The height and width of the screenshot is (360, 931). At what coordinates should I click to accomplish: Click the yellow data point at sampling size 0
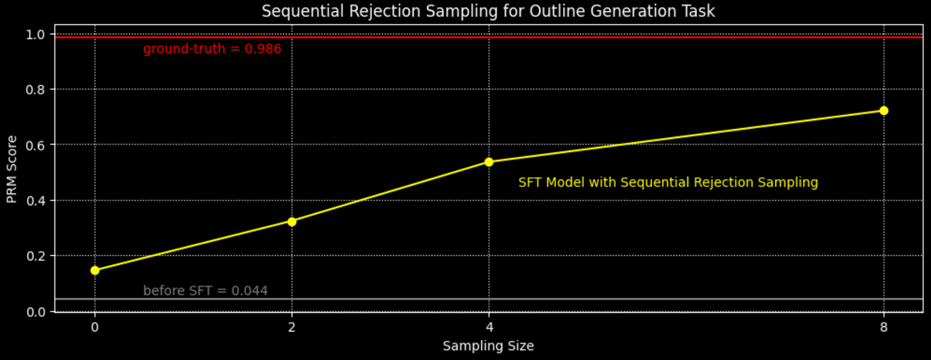tap(95, 270)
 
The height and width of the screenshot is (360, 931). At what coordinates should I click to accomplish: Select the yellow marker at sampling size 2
tap(292, 221)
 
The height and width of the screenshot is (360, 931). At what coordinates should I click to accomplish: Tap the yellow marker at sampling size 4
tap(489, 162)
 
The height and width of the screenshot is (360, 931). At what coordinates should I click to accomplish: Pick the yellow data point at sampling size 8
tap(884, 110)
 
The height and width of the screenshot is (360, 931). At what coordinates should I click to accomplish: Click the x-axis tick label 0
tap(95, 327)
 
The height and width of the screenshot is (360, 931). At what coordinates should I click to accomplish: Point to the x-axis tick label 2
tap(292, 327)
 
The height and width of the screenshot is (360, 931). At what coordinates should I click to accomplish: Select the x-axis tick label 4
tap(489, 327)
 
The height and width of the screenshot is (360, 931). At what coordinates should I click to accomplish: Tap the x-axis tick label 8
tap(884, 327)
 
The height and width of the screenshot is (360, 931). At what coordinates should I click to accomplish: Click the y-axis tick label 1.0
tap(36, 35)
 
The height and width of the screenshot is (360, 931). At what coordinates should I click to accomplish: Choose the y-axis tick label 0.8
tap(36, 90)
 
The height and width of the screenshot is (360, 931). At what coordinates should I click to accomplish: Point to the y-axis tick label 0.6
tap(36, 145)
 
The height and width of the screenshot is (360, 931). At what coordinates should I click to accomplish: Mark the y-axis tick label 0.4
tap(36, 201)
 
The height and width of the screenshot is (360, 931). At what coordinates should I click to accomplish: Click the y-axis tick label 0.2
tap(36, 256)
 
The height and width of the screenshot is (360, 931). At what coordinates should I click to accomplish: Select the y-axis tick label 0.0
tap(36, 312)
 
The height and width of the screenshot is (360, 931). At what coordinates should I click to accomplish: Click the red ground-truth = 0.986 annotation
tap(212, 49)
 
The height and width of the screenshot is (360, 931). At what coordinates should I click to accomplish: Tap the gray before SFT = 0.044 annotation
tap(206, 290)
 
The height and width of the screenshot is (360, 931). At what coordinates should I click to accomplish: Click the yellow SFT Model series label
tap(668, 183)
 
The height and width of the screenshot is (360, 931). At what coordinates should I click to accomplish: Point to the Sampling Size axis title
tap(488, 346)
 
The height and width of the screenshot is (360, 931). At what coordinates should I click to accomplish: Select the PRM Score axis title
tap(12, 169)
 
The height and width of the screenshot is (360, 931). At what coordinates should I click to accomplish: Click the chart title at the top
tap(488, 11)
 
